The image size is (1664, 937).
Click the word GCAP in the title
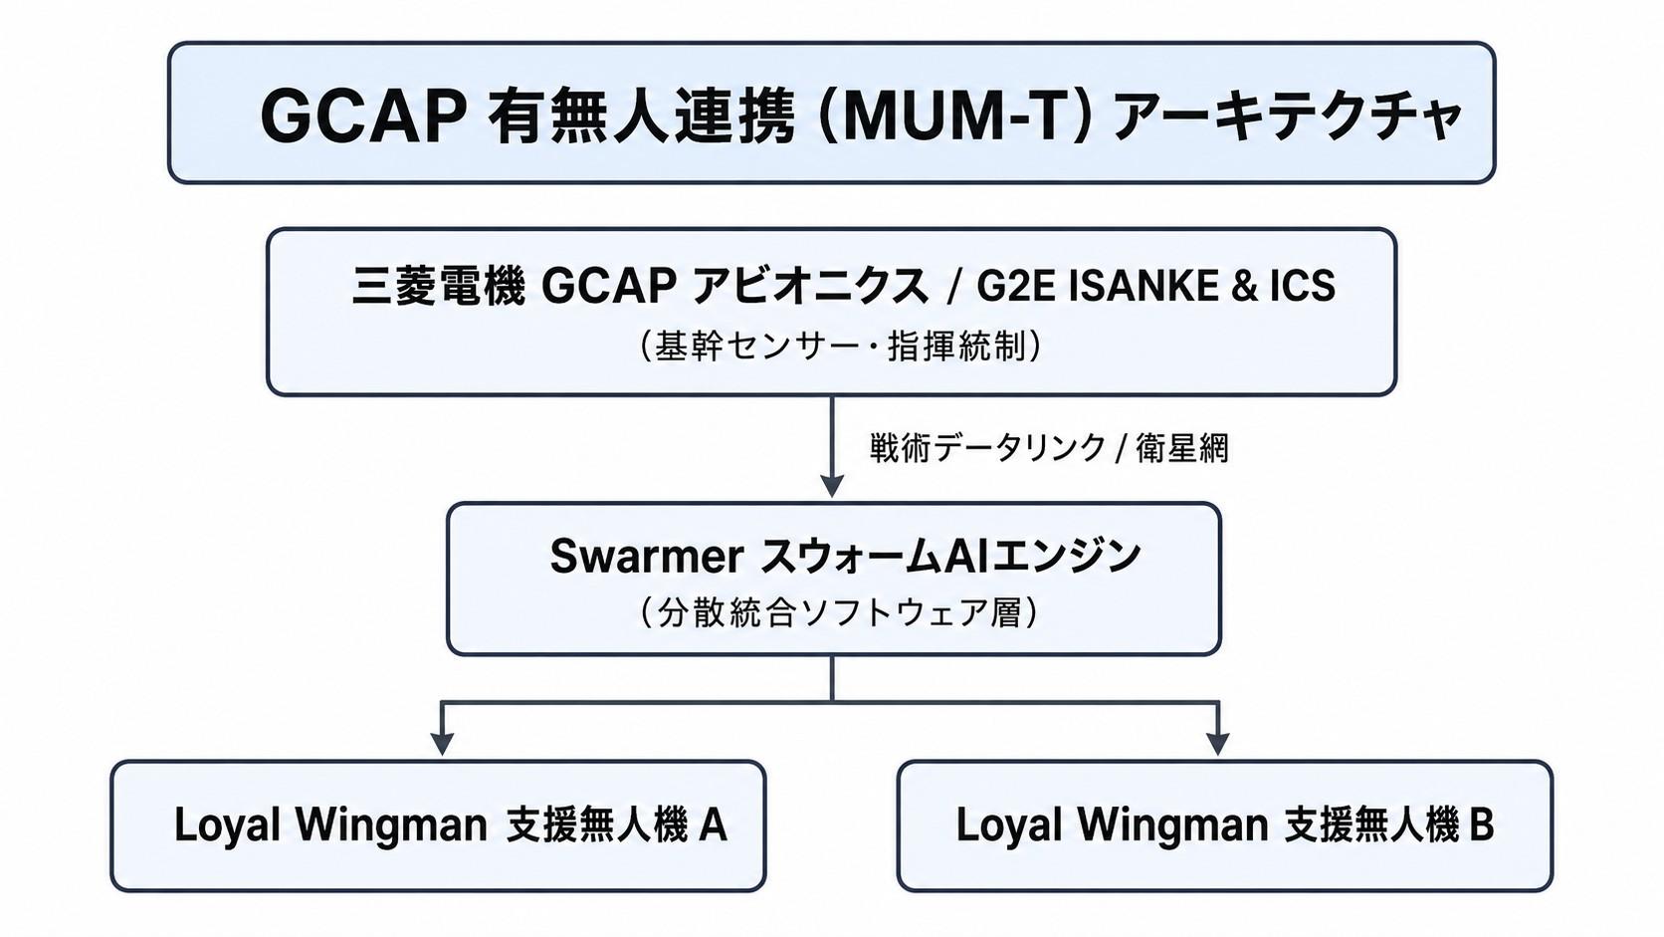tap(363, 117)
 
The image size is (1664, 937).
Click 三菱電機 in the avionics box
tap(438, 286)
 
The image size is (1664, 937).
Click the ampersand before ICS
tap(1244, 287)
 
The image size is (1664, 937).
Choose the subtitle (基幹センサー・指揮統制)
tap(839, 347)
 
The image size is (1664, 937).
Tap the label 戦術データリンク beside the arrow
tap(988, 448)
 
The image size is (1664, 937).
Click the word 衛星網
tap(1182, 448)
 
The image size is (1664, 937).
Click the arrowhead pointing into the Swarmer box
tap(831, 485)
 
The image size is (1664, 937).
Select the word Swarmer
tap(646, 556)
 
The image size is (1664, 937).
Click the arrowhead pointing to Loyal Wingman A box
tap(442, 744)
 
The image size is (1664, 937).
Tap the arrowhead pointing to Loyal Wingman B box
tap(1217, 744)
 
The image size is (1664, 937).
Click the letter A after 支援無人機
tap(713, 824)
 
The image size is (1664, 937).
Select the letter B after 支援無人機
tap(1481, 824)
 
